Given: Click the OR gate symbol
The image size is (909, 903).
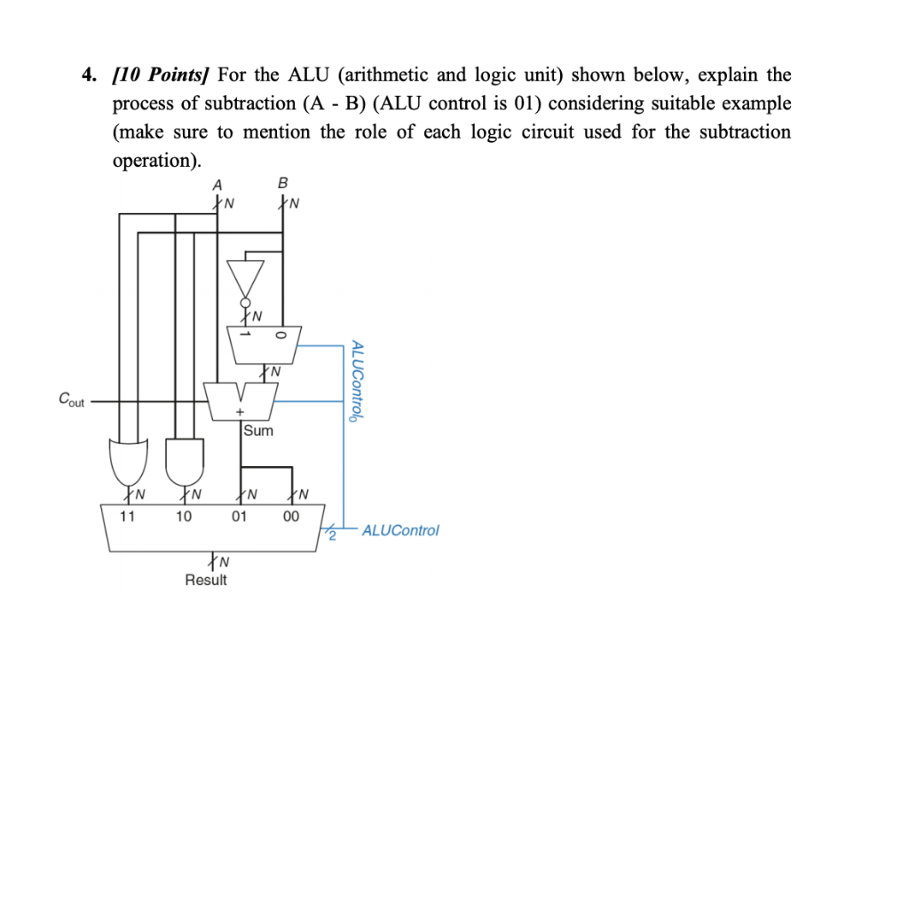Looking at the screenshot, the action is click(x=129, y=458).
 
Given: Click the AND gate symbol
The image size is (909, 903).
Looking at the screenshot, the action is click(x=184, y=458).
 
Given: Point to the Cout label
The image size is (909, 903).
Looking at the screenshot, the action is click(x=71, y=400).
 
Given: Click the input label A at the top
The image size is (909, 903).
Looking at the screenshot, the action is click(x=217, y=184).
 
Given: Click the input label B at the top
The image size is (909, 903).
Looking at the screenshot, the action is click(x=282, y=184).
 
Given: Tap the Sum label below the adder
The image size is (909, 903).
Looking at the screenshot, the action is click(x=258, y=431).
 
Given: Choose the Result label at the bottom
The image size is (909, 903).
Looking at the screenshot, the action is click(x=206, y=580).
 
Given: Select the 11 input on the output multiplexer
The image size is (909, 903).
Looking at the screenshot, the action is click(x=128, y=516).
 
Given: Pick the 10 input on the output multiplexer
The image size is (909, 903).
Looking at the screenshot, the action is click(x=183, y=516).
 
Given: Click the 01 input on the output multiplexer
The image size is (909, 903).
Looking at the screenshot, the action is click(x=239, y=516).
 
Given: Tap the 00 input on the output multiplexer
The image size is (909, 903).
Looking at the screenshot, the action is click(x=291, y=516).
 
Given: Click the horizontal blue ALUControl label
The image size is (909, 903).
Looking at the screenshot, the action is click(x=400, y=530).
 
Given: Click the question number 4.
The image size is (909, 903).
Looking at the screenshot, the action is click(x=88, y=75).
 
